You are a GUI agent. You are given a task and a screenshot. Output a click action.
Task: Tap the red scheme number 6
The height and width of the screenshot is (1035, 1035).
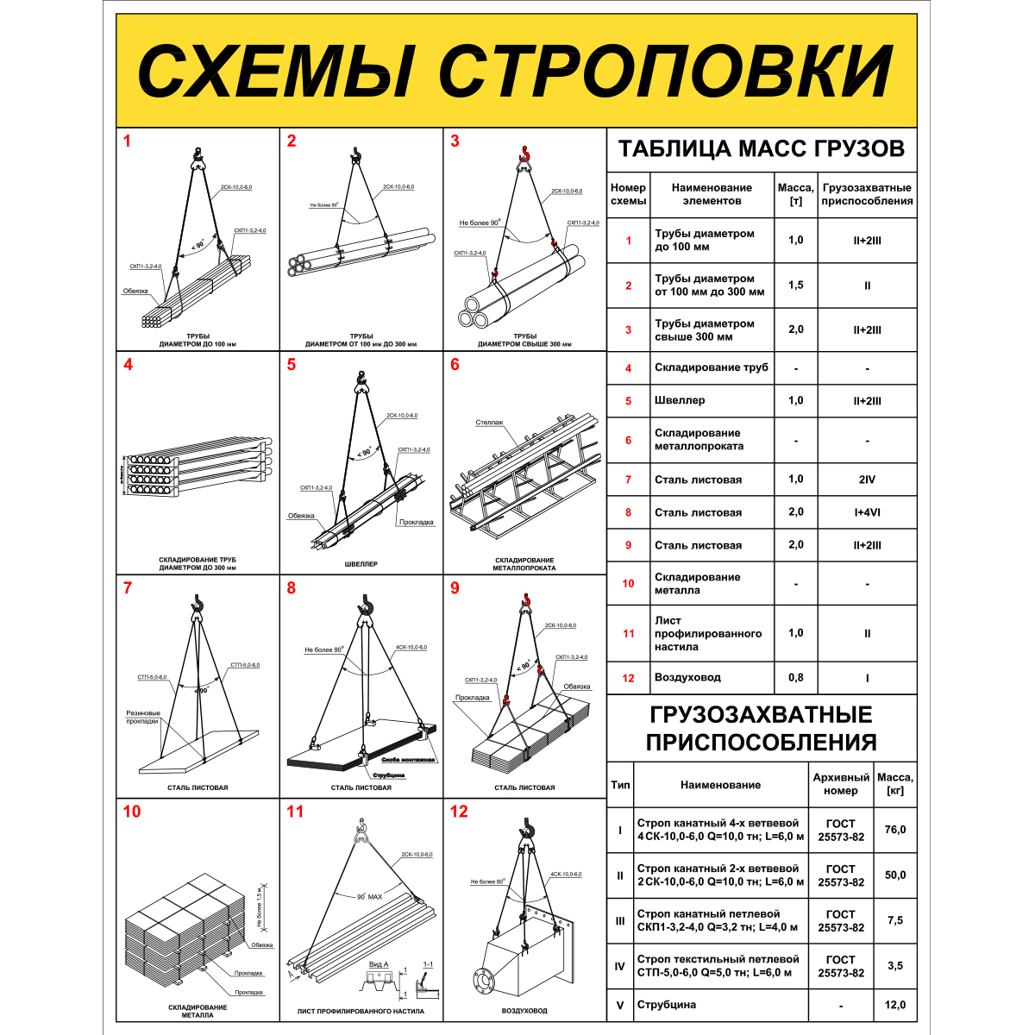(x=455, y=364)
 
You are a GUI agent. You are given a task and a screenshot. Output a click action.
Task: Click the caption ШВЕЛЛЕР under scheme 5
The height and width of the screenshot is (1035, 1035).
(x=361, y=564)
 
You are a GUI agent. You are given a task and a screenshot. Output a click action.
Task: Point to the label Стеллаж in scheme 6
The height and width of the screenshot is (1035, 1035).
(x=489, y=423)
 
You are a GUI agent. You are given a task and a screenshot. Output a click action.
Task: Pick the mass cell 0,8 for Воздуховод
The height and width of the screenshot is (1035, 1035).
(x=795, y=677)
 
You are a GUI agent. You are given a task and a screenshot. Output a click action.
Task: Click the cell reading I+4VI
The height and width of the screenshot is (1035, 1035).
(x=867, y=512)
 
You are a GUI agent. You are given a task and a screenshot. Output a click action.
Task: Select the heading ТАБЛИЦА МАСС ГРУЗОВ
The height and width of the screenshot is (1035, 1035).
(x=762, y=148)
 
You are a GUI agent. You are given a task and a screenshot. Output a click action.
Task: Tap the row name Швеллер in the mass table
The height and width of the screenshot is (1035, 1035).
(x=680, y=400)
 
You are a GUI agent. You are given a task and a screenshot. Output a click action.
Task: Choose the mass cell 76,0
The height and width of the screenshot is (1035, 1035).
(x=895, y=830)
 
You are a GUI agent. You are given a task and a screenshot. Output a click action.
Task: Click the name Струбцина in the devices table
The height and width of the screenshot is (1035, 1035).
(x=667, y=1005)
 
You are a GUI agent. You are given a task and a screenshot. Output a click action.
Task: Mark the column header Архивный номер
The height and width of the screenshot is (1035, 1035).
(x=841, y=784)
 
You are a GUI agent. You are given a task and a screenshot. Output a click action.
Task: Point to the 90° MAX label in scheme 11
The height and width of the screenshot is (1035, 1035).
(x=369, y=897)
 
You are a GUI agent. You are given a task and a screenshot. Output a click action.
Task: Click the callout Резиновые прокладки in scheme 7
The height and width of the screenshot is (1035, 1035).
(x=142, y=717)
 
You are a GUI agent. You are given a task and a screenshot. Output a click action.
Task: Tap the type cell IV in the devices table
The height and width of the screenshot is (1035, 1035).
(x=619, y=966)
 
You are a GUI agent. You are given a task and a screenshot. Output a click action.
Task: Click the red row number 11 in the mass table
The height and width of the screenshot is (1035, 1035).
(x=628, y=633)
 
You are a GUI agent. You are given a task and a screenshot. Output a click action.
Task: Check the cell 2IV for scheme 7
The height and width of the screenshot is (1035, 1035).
(x=867, y=480)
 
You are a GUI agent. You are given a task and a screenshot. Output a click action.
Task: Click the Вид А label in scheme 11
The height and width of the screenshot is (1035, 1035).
(x=379, y=964)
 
